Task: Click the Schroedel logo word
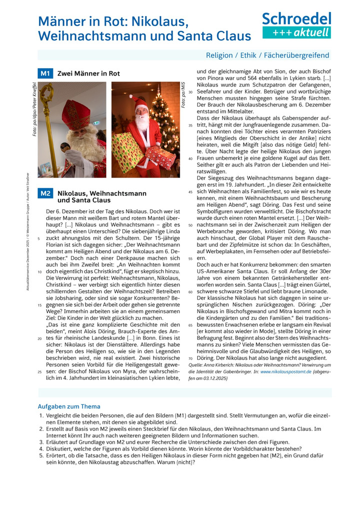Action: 296,19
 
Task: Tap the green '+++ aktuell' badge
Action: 296,33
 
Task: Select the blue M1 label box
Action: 45,74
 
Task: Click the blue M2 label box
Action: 45,193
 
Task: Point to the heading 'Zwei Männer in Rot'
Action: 88,74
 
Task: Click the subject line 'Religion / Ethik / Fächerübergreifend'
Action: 267,55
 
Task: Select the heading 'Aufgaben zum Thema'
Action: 69,406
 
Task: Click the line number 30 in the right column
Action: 190,92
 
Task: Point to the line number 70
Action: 190,359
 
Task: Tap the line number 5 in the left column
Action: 38,239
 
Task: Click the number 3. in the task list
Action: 41,442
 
